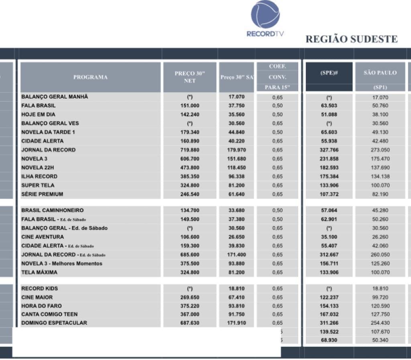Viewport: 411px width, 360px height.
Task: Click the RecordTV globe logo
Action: [265, 14]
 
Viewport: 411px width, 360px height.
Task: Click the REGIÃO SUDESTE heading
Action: [352, 39]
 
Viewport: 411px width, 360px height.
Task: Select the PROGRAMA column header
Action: [90, 77]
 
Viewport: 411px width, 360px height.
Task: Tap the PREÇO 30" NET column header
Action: [190, 77]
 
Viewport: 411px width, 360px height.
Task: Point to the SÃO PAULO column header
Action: [380, 73]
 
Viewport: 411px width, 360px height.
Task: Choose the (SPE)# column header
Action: [329, 73]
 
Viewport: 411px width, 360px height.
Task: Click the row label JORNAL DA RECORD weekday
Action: [48, 150]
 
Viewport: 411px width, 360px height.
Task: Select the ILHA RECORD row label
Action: [39, 176]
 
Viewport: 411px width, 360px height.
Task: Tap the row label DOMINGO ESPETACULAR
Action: [54, 323]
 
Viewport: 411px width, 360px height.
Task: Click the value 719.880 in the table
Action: [190, 150]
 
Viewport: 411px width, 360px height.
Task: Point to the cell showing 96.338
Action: [236, 176]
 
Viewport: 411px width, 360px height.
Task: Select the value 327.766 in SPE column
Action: [329, 150]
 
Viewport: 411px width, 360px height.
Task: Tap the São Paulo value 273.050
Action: [380, 150]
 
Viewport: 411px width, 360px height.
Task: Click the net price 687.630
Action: [190, 323]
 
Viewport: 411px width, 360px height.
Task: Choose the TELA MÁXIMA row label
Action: [39, 272]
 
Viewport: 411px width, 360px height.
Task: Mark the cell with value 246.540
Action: [190, 194]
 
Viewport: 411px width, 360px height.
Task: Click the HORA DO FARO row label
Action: [42, 306]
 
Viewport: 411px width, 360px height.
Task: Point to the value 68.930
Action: [329, 340]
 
